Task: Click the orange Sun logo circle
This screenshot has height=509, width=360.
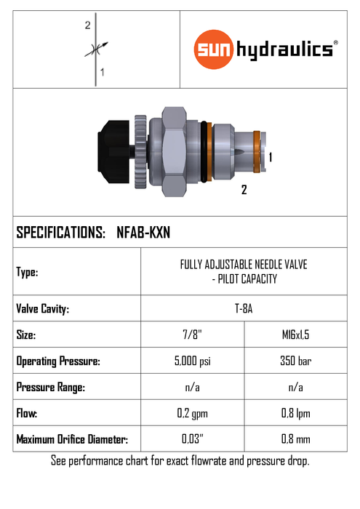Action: click(214, 49)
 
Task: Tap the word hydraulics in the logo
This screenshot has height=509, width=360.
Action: click(284, 50)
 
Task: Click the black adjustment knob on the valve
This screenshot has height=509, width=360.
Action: click(113, 152)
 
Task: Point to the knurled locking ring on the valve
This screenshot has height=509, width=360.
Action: click(140, 151)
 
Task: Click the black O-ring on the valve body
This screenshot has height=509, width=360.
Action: click(204, 151)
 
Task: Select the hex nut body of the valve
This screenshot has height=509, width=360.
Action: click(174, 151)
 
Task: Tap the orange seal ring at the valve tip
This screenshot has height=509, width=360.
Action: click(257, 151)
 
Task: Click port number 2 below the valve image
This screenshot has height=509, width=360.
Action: click(244, 190)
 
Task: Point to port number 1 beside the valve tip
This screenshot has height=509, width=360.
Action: click(270, 158)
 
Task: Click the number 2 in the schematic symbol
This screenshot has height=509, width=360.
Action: click(88, 25)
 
